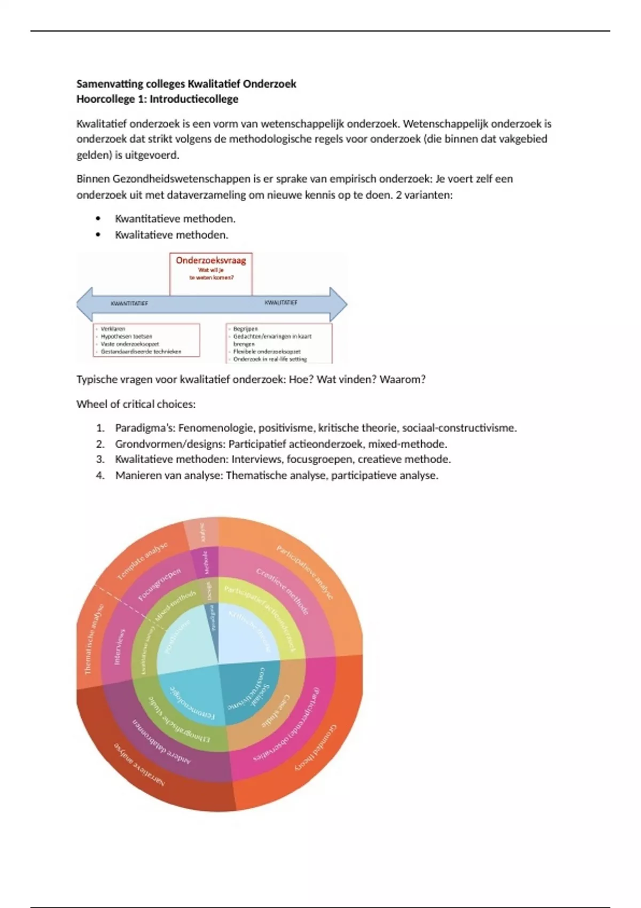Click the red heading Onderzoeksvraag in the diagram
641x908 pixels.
click(x=211, y=261)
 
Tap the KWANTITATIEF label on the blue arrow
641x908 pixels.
click(x=129, y=303)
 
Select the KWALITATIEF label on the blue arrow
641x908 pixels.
click(x=281, y=303)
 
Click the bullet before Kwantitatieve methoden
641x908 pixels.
click(x=98, y=218)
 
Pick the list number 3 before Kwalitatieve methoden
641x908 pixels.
click(x=100, y=459)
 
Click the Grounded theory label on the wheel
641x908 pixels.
click(x=316, y=747)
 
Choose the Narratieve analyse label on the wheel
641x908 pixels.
click(x=139, y=764)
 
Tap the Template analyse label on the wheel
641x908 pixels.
click(x=142, y=560)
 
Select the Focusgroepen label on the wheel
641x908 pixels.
click(x=159, y=584)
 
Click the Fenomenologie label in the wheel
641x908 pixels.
click(x=191, y=702)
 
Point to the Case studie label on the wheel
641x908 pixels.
click(x=276, y=710)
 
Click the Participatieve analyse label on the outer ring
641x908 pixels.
click(x=305, y=571)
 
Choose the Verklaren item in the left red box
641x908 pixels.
click(x=113, y=329)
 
